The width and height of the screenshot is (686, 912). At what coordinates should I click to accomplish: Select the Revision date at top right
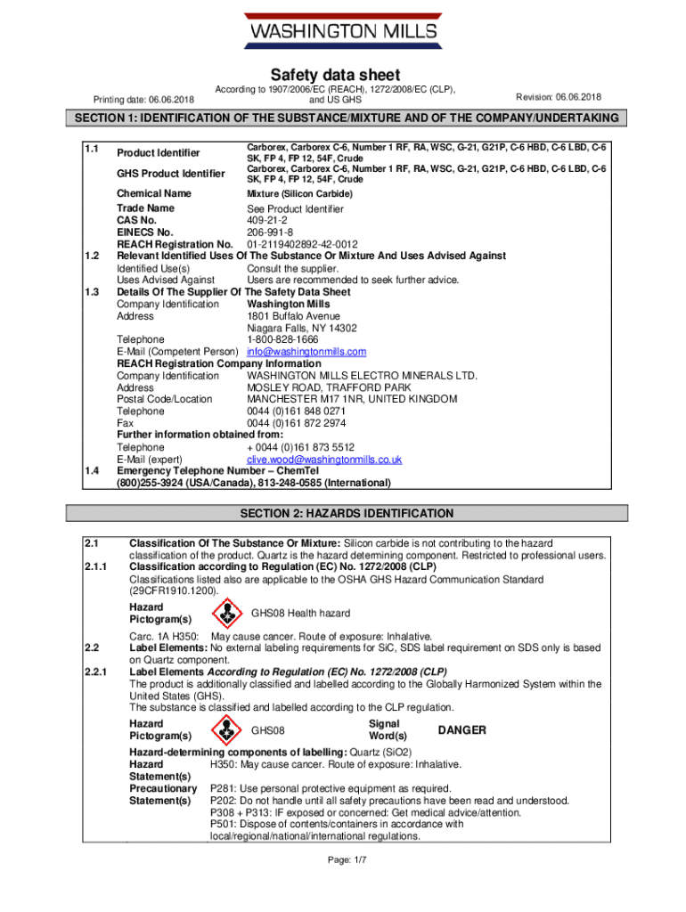559,96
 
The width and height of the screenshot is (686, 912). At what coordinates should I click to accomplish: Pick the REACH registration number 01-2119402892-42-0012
302,244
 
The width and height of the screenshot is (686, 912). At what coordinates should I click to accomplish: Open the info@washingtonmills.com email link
306,352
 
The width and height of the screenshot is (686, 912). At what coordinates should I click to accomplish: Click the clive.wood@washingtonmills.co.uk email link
324,460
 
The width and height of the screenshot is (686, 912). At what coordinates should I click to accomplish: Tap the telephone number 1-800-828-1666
282,339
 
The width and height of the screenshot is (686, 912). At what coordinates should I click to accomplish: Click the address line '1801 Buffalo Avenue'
293,315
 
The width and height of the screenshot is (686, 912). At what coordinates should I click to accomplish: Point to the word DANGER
461,730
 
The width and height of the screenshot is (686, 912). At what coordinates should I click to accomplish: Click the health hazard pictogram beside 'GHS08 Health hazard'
229,613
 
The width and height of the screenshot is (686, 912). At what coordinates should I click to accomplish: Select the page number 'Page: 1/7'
347,860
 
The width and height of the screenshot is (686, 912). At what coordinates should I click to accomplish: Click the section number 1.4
90,471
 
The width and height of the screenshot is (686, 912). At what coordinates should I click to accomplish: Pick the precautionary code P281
223,788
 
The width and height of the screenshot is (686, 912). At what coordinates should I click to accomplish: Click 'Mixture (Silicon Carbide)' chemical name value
299,193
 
